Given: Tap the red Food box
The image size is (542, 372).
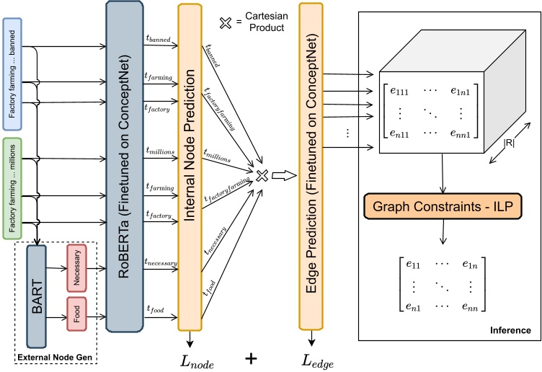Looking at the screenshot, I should click(x=76, y=314).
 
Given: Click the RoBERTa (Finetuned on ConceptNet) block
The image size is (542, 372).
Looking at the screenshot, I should click(x=125, y=167).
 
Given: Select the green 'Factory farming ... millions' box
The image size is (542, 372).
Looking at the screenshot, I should click(x=14, y=187).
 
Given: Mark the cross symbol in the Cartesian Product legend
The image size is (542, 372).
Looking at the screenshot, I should click(x=226, y=22).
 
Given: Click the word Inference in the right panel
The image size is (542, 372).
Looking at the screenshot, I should click(x=511, y=331).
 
